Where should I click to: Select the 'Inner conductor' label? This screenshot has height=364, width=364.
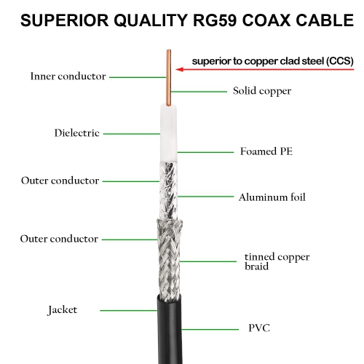point(68,76)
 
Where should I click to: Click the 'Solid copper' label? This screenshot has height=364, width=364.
point(262,91)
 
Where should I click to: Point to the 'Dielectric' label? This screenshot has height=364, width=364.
point(76,133)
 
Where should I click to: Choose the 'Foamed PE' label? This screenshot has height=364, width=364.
point(266,152)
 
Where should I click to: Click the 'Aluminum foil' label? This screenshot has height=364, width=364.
point(272,197)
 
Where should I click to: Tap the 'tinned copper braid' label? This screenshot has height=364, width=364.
point(277,261)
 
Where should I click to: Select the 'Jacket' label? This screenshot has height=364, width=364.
point(63,310)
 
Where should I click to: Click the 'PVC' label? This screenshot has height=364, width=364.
point(258,328)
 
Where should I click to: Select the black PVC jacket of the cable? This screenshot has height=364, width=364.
point(167,328)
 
